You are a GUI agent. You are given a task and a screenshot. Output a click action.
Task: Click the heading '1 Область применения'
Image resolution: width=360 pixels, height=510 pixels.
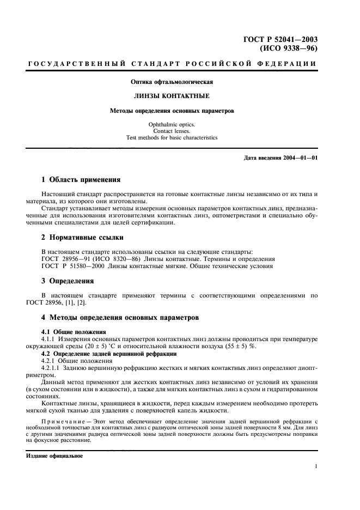[x=81, y=179]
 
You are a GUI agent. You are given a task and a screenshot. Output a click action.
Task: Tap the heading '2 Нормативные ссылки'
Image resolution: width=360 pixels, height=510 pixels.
[x=83, y=238]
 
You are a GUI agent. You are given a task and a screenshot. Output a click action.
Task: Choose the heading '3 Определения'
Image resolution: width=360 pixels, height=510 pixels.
[x=68, y=281]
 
